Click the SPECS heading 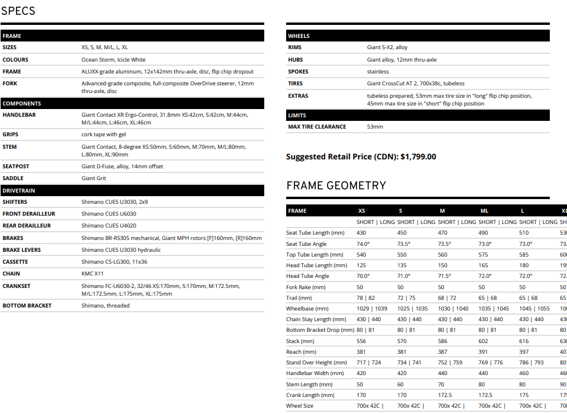[x=18, y=11]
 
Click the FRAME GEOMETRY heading [x=336, y=185]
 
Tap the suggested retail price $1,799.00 [x=418, y=157]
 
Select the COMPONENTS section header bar [x=132, y=103]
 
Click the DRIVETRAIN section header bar [x=132, y=190]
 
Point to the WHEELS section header [x=418, y=36]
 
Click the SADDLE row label [x=13, y=178]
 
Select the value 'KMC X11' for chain [x=92, y=274]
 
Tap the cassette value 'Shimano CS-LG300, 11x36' [x=114, y=262]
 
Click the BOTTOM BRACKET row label [x=27, y=306]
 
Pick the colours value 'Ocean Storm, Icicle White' [x=113, y=60]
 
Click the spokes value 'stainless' [x=378, y=72]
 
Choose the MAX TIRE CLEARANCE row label [x=317, y=127]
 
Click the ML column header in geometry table [x=484, y=211]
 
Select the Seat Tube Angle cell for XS [x=363, y=244]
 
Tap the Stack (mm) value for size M [x=444, y=341]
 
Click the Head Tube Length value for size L [x=524, y=265]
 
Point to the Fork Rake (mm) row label [x=306, y=287]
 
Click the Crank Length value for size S [x=402, y=395]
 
